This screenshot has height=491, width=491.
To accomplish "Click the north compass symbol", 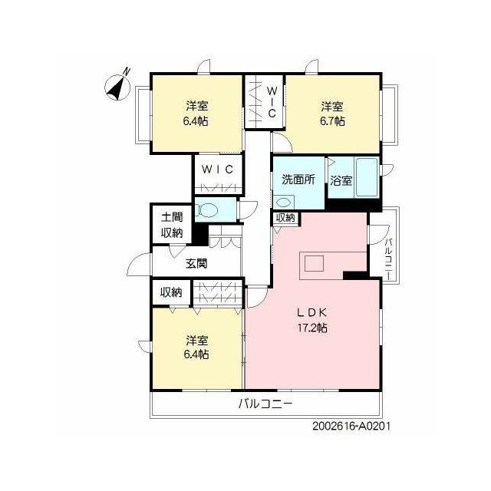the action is coord(118,85).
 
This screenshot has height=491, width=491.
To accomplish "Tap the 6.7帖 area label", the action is coord(332,121).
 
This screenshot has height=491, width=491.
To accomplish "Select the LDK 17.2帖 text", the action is coord(312,320).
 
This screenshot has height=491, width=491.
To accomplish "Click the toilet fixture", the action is coord(206,209).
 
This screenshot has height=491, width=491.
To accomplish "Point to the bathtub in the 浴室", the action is coord(367,177).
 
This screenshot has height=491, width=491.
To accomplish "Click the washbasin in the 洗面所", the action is coord(284,203).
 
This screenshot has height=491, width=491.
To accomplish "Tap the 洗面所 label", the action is coord(298,180).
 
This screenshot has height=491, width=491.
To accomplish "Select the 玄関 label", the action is coord(196,264).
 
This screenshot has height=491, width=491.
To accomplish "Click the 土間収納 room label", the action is coord(172,225).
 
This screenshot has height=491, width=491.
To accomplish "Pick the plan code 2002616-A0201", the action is coord(351,427).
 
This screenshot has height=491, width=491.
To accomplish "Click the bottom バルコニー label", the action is coord(265,404).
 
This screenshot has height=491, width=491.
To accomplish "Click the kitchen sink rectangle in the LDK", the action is coord(314,263).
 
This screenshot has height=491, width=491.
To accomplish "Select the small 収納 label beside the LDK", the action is coord(285,218).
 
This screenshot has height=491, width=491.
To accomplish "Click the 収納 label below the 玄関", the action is coord(171,293).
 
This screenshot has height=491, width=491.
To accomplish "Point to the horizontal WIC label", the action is coord(218,170).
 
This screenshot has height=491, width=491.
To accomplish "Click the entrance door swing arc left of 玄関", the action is coord(137,262).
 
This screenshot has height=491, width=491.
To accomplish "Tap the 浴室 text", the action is coord(341,181).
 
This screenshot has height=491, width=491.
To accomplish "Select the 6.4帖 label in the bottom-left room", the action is coord(196,354).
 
